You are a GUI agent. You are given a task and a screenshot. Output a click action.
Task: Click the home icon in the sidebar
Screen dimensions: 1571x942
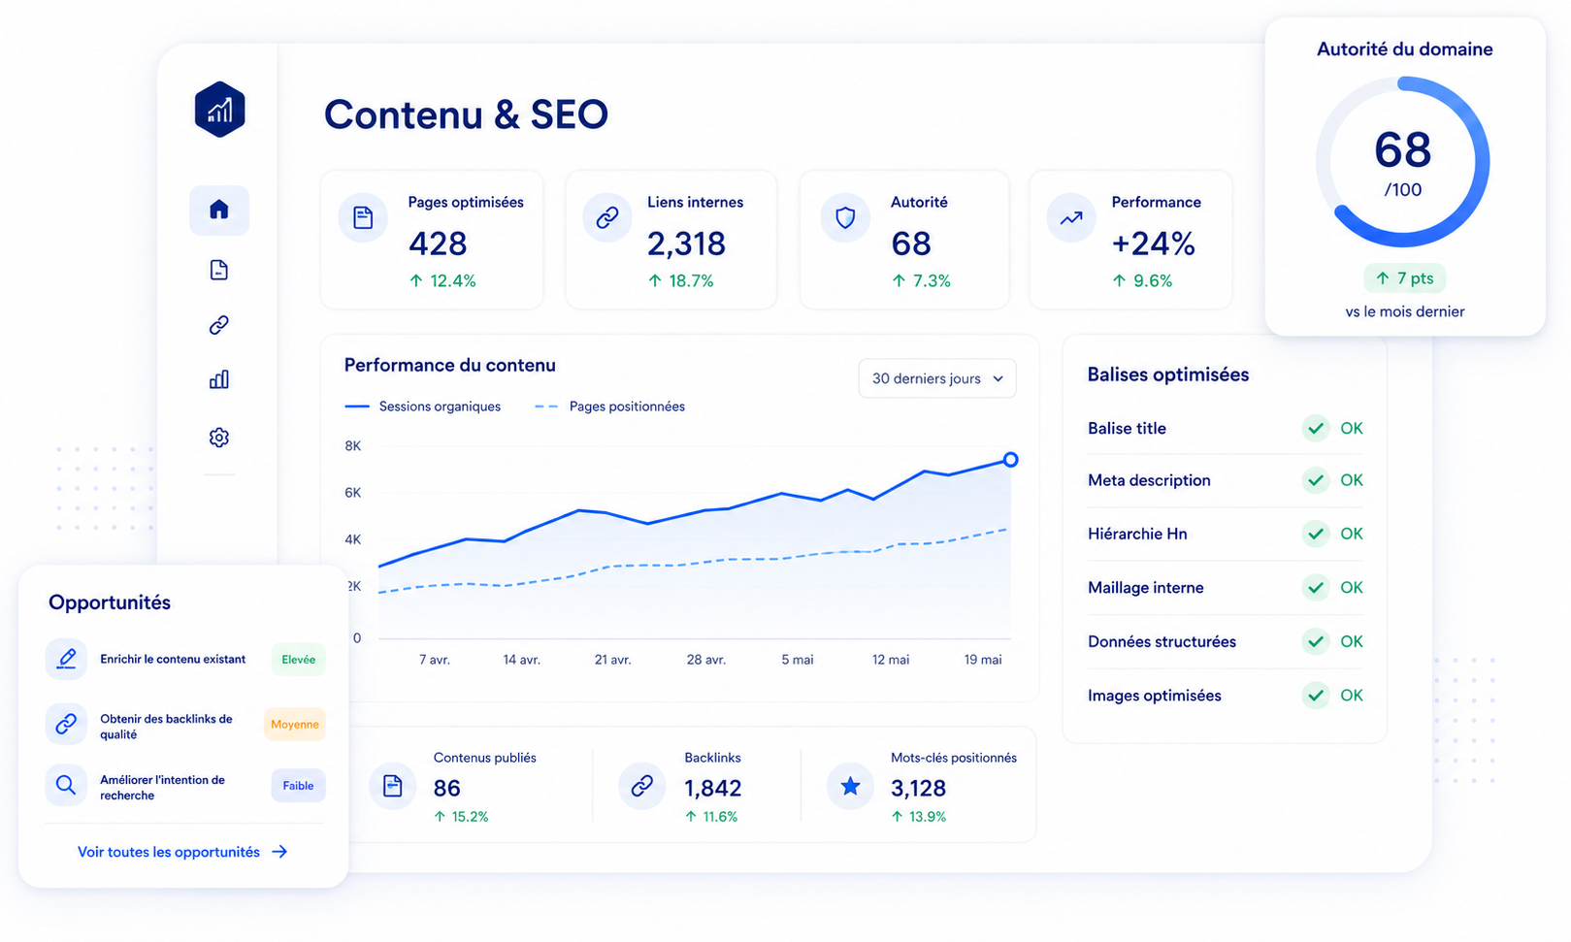click(x=219, y=210)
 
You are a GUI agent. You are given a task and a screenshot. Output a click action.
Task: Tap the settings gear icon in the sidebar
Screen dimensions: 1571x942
click(x=219, y=438)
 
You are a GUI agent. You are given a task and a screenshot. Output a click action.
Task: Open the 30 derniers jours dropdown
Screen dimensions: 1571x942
click(x=937, y=378)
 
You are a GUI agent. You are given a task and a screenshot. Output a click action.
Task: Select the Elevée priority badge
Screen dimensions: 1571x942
click(x=298, y=660)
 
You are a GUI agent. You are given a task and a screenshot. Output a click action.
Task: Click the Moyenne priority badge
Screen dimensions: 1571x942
click(x=295, y=724)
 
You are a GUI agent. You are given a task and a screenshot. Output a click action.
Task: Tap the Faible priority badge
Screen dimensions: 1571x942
click(x=298, y=786)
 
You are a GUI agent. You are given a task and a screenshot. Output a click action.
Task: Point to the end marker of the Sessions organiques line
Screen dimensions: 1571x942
click(x=1011, y=460)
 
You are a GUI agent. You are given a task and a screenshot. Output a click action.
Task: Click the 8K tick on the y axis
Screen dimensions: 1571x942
click(x=353, y=446)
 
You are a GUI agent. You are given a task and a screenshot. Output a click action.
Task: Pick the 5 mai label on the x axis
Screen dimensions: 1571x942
click(x=798, y=660)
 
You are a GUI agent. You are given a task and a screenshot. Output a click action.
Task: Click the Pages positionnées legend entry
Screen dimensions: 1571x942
click(x=609, y=406)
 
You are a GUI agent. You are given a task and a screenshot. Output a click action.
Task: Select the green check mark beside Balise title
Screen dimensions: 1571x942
click(x=1316, y=429)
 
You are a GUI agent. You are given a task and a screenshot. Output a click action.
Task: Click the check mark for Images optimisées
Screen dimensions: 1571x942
click(x=1316, y=696)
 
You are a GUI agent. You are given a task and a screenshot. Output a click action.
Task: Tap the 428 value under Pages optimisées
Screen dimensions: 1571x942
click(x=438, y=244)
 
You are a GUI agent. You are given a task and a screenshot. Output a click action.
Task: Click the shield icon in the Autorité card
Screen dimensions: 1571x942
click(x=845, y=217)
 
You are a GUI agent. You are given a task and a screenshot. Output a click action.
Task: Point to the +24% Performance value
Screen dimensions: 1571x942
click(x=1153, y=244)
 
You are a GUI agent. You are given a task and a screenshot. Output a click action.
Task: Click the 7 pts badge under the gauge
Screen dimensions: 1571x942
click(x=1404, y=278)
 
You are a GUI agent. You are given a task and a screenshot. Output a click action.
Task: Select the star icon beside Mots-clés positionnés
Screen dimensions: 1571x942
click(x=850, y=786)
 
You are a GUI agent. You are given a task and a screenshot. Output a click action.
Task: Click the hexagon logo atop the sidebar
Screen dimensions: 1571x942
click(x=219, y=110)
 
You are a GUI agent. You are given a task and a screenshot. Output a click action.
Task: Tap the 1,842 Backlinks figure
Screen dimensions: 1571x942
click(x=712, y=789)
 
